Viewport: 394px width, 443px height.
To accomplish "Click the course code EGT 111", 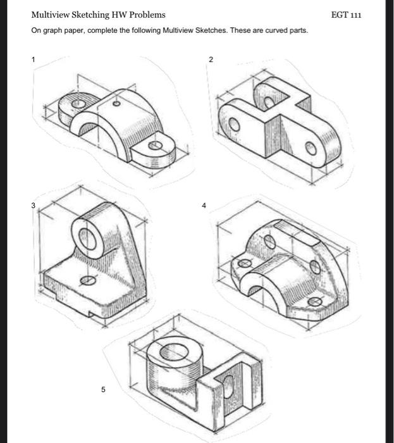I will point(347,15).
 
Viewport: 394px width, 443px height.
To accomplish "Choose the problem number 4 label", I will point(204,205).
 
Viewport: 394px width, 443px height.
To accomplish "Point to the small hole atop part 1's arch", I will point(116,103).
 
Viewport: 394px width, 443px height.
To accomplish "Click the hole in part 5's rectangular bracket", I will point(230,384).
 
